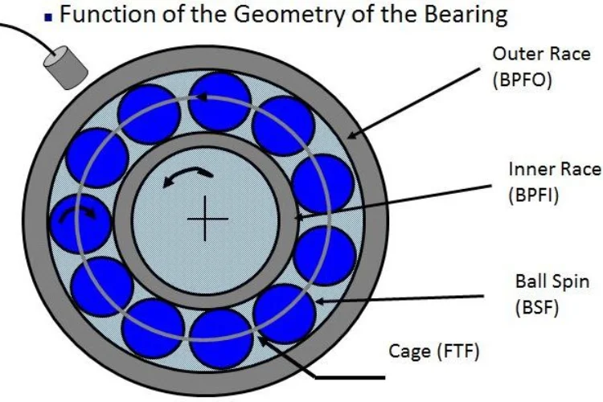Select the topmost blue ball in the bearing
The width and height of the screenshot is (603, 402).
pyautogui.click(x=219, y=100)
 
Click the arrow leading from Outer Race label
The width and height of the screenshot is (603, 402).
pyautogui.click(x=417, y=105)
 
